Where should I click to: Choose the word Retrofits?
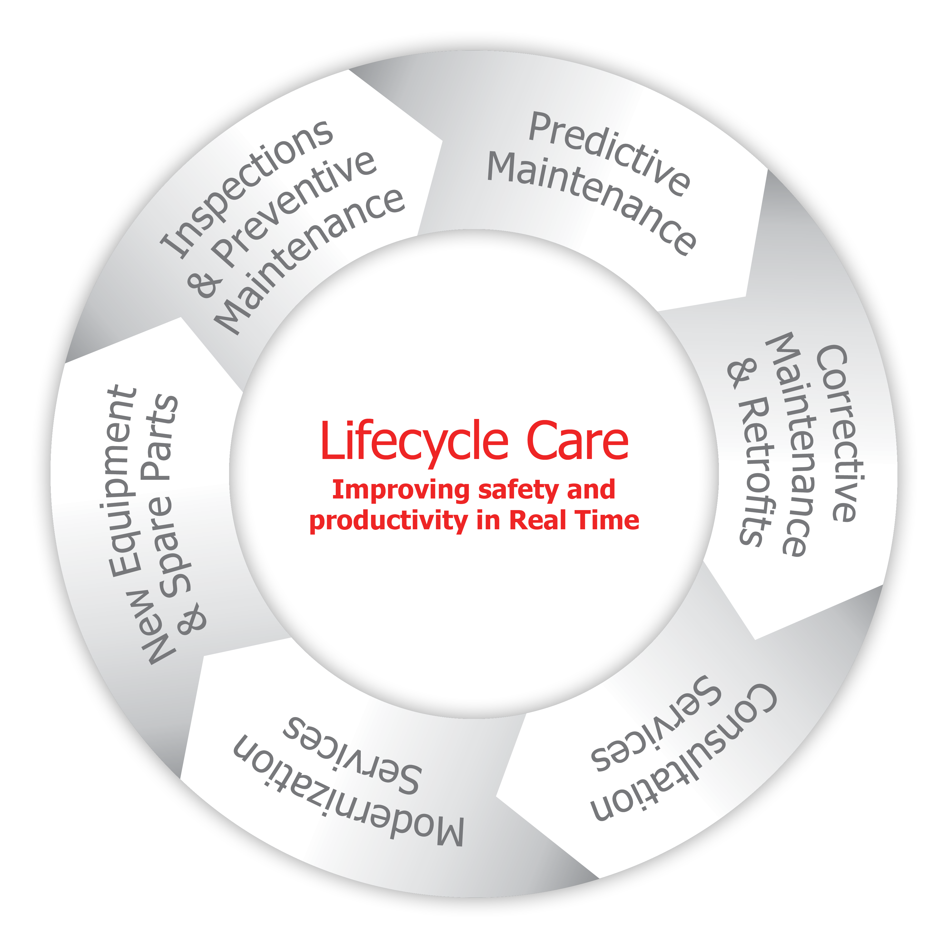click(x=756, y=471)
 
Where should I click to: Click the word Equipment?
click(x=123, y=481)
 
